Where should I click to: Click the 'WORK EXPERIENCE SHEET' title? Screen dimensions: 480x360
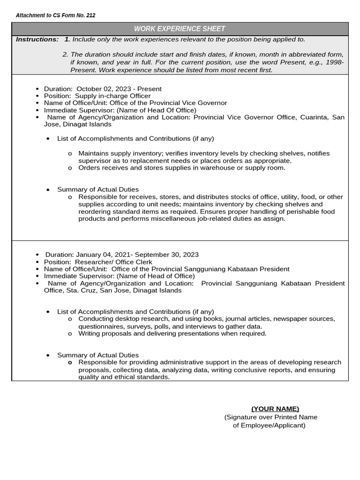coord(180,29)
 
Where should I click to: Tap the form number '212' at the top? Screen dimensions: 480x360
coord(90,15)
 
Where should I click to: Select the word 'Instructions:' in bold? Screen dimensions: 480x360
coord(37,39)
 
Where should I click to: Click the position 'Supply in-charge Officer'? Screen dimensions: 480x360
coord(116,96)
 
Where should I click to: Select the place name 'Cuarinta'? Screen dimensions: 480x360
coord(314,117)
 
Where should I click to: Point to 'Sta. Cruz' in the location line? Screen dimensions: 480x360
coord(77,290)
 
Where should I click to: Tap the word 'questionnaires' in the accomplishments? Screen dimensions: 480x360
coord(101,326)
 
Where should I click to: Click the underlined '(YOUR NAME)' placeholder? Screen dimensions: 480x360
coord(275,409)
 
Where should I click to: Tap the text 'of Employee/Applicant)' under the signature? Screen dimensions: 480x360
coord(269,425)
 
